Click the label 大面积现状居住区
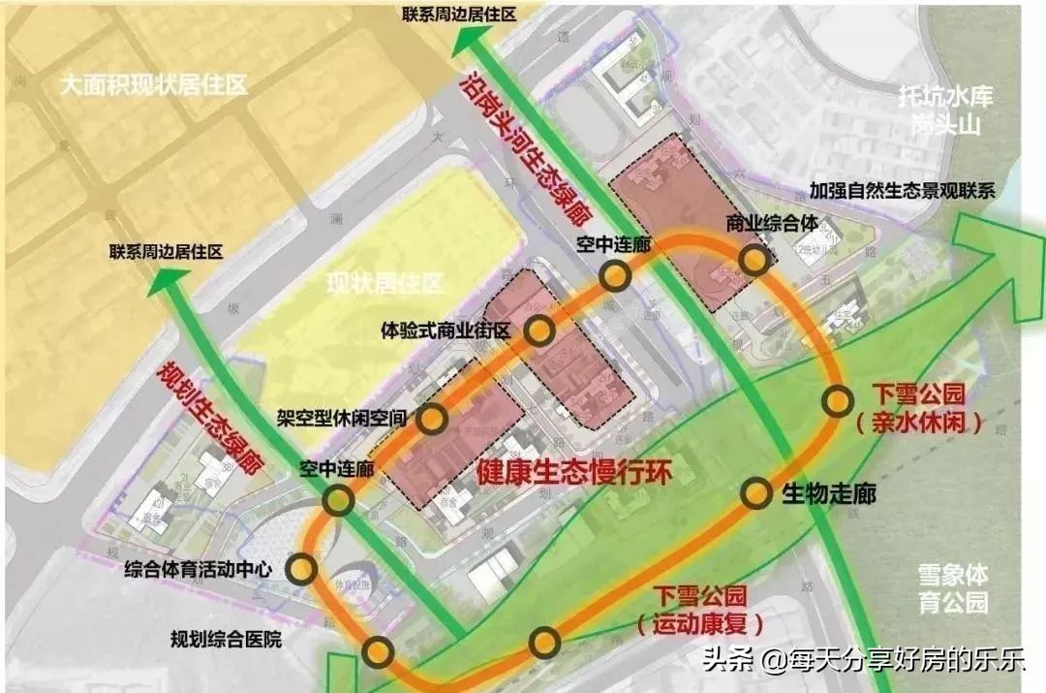click(x=153, y=84)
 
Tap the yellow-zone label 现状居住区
click(x=384, y=284)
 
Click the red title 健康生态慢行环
click(x=573, y=472)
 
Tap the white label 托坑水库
click(x=945, y=97)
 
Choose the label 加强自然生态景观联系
click(x=903, y=191)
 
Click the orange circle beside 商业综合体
click(x=754, y=260)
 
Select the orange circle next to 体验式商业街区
click(x=540, y=331)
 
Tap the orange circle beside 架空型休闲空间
click(x=432, y=419)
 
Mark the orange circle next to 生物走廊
click(x=756, y=493)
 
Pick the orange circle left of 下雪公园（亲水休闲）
click(x=838, y=401)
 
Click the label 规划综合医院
click(x=226, y=639)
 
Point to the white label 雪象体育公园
click(x=954, y=587)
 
